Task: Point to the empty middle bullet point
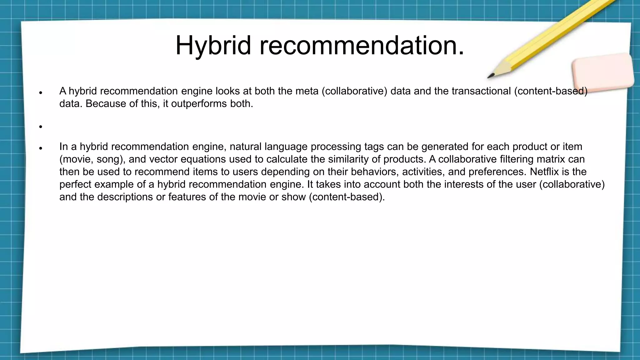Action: pos(41,127)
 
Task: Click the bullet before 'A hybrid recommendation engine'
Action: pos(41,92)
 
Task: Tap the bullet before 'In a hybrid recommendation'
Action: pos(41,148)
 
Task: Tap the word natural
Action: pos(245,147)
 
